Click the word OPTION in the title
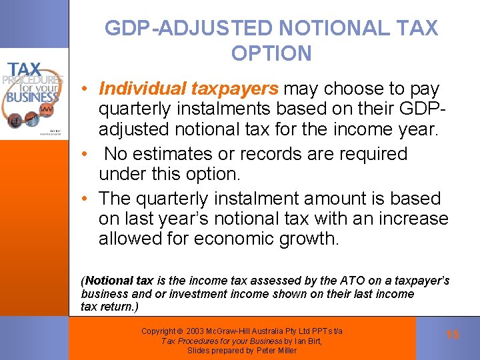(x=271, y=53)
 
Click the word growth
(x=307, y=239)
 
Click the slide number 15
(x=453, y=335)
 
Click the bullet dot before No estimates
(x=87, y=154)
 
